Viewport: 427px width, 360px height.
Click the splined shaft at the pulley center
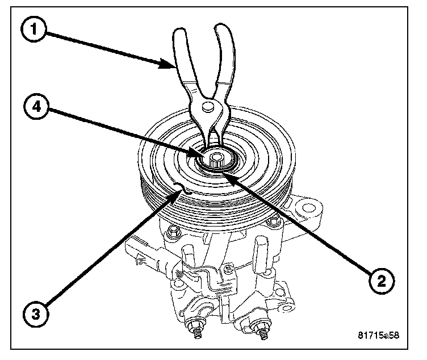(216, 158)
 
